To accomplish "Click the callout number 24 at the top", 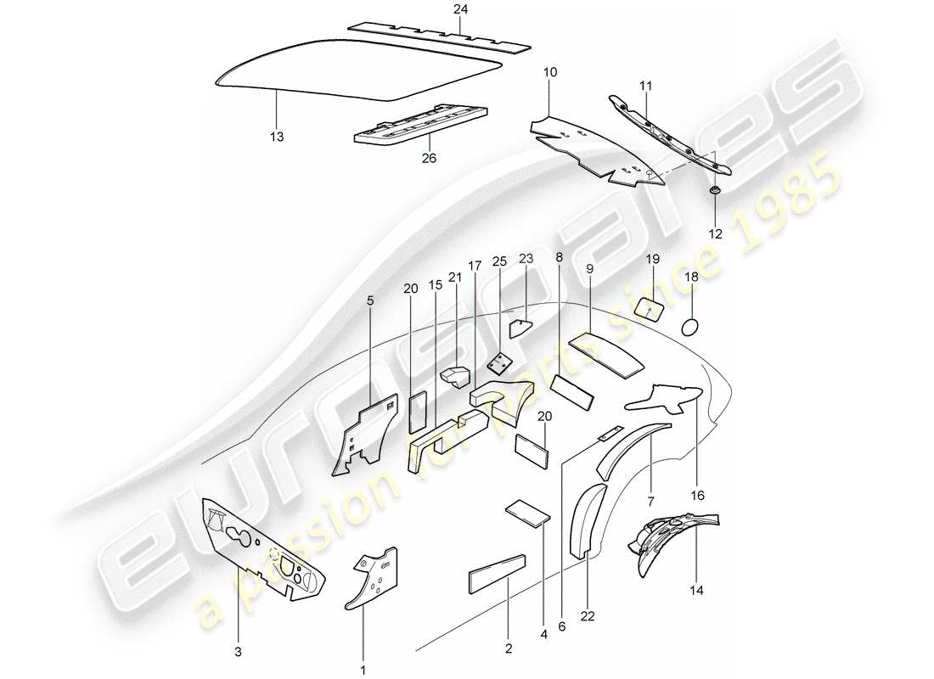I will (459, 9).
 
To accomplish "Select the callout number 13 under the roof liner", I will (277, 136).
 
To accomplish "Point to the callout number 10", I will (550, 74).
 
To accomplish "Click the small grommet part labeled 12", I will (716, 194).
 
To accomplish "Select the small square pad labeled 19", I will (650, 308).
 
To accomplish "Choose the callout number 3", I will (238, 652).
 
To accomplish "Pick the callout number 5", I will (371, 300).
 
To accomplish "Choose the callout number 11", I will (646, 87).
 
